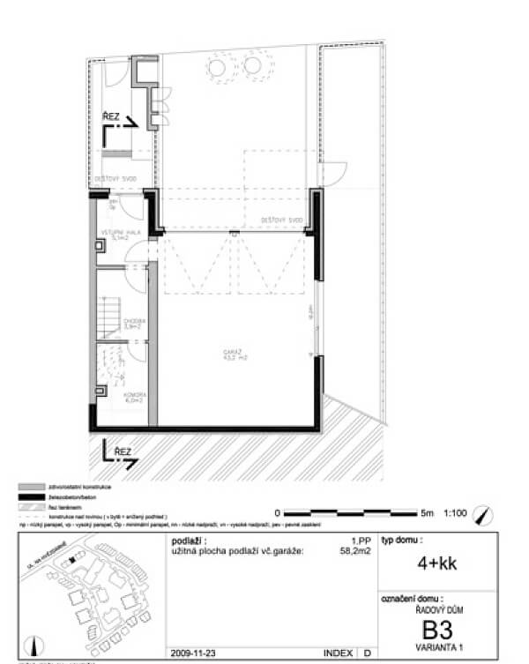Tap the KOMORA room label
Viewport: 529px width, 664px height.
pyautogui.click(x=111, y=397)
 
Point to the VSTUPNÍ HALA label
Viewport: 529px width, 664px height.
pyautogui.click(x=116, y=234)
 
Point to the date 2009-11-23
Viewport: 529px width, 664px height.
pyautogui.click(x=194, y=654)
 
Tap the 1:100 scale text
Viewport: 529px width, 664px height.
pyautogui.click(x=456, y=512)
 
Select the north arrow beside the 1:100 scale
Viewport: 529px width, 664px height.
pyautogui.click(x=481, y=512)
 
